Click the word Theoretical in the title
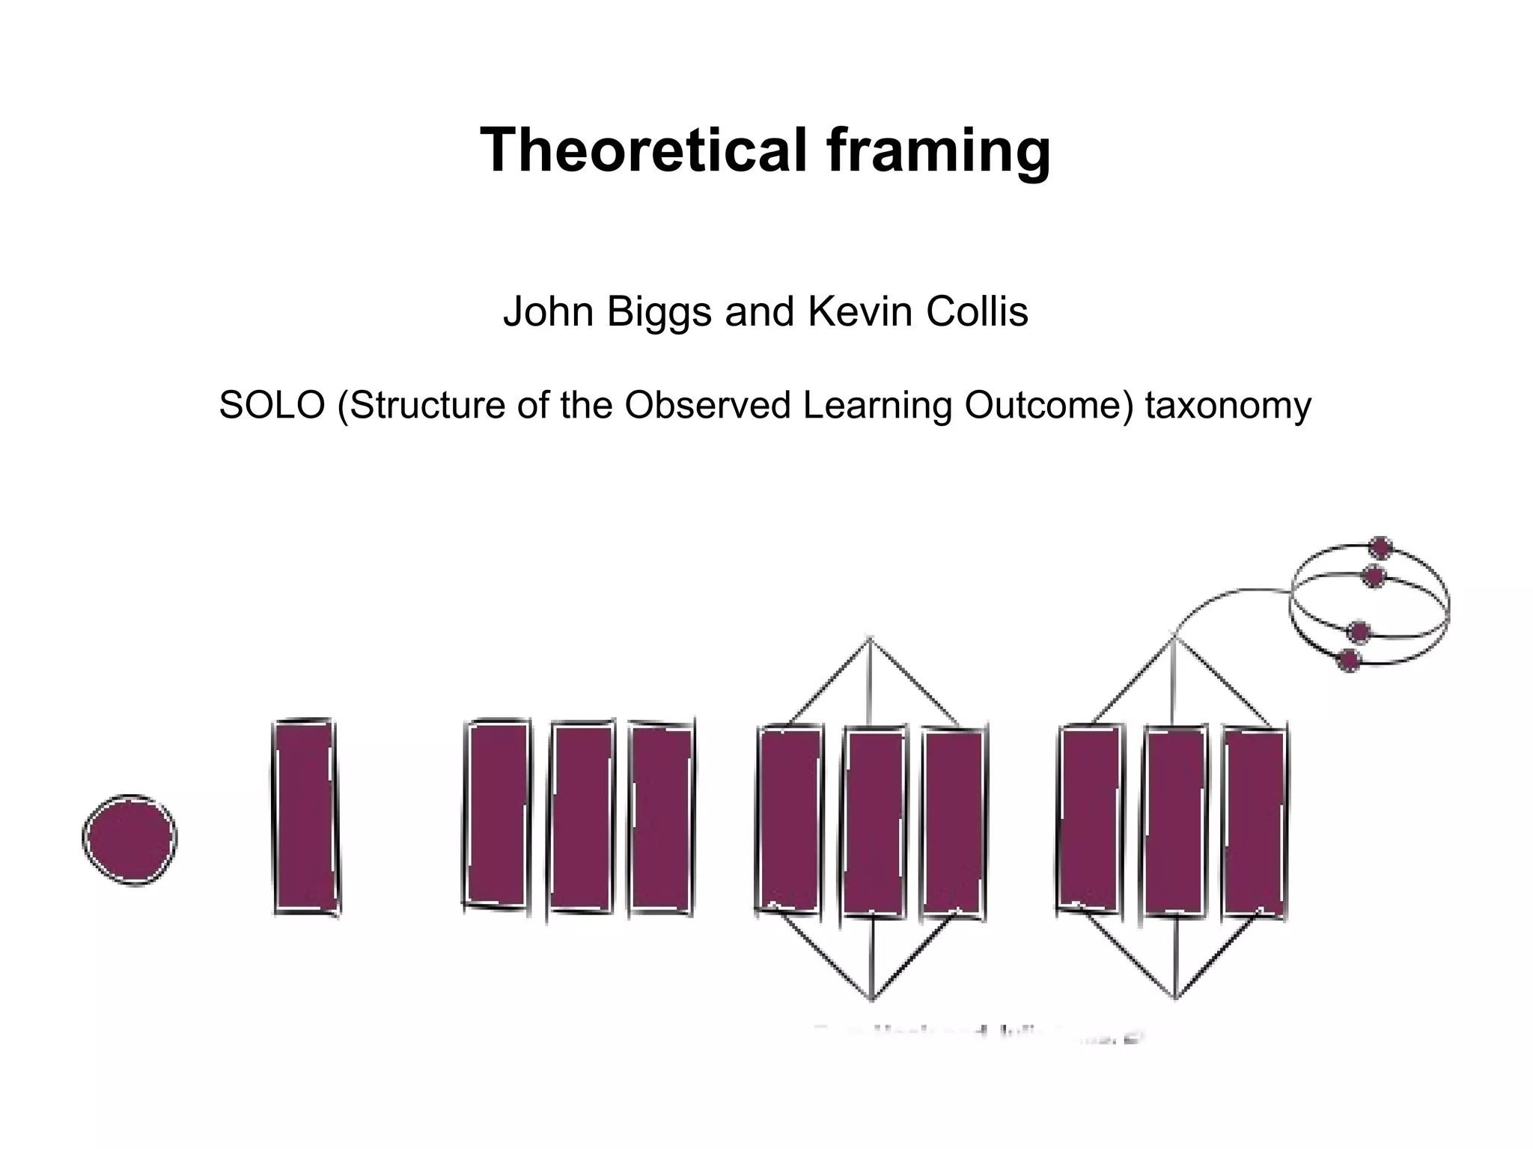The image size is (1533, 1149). [644, 150]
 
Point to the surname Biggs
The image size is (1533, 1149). [659, 313]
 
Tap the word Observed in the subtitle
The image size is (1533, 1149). [707, 405]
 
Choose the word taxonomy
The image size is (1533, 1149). [1228, 406]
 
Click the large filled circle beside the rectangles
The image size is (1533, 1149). [129, 839]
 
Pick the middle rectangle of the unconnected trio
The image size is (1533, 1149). [582, 817]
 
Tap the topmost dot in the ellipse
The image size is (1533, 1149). [1380, 548]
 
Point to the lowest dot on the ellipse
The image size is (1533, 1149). [1349, 660]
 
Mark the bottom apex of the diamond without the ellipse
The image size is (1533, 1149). [872, 998]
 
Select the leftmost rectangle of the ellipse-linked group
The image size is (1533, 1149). [1091, 817]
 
